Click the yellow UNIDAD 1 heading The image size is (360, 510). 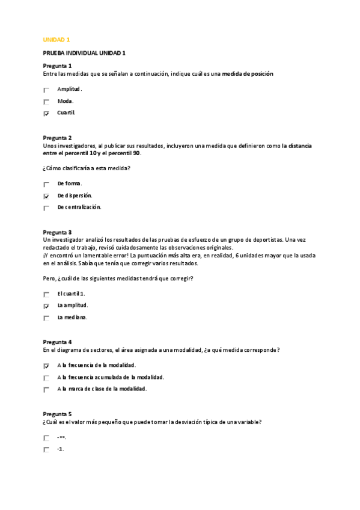click(x=56, y=40)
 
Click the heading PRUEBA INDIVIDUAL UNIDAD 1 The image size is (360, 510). click(x=84, y=53)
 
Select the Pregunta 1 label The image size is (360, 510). click(x=58, y=66)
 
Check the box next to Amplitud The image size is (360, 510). click(x=46, y=90)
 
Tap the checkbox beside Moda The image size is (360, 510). click(x=46, y=102)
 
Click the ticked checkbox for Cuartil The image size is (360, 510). click(x=46, y=113)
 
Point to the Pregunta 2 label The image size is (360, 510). click(x=58, y=138)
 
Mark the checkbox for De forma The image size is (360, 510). click(x=46, y=185)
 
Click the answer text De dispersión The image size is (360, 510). click(x=75, y=195)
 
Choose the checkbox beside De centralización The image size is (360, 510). click(x=46, y=208)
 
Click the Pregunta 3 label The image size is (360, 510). click(x=58, y=232)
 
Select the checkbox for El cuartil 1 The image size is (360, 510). click(x=46, y=295)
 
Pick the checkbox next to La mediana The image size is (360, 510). click(x=46, y=318)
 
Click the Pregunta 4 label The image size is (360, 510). click(x=58, y=342)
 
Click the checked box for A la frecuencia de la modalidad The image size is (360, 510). click(x=46, y=366)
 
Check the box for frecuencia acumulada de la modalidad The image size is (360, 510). click(x=46, y=378)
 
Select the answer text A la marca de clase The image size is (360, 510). click(x=102, y=389)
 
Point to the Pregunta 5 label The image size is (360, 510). click(x=58, y=414)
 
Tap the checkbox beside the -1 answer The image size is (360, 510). click(x=46, y=449)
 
